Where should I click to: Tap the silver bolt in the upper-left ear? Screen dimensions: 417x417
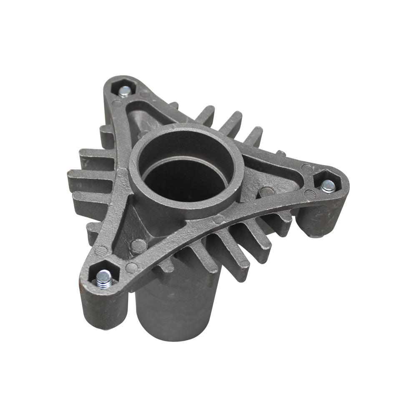[x=124, y=91]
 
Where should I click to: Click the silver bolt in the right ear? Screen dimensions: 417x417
[x=328, y=186]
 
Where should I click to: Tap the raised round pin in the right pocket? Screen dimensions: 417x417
[x=267, y=191]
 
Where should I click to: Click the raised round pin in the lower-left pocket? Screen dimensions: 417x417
[x=138, y=246]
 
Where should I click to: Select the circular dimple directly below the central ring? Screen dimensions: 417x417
[x=218, y=219]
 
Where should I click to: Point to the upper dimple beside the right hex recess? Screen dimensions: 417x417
[x=307, y=168]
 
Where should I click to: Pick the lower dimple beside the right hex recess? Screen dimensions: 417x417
[x=309, y=194]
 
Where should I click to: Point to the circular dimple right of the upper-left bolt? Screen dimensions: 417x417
[x=144, y=93]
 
